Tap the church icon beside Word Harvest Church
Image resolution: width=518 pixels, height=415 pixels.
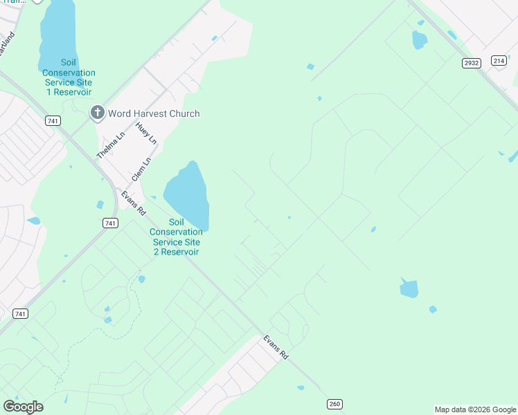(98, 113)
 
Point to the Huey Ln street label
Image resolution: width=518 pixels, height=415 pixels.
(147, 133)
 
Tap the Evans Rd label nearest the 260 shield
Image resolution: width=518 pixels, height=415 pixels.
(275, 347)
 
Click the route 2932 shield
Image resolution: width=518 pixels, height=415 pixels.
(472, 63)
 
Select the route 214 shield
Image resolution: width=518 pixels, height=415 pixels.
(499, 61)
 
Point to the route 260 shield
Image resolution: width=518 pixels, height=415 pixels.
(334, 404)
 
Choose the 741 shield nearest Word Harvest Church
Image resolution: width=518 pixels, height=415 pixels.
(53, 121)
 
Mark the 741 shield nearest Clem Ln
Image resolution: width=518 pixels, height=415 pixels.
(109, 223)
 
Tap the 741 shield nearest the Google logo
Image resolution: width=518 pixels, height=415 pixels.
(21, 313)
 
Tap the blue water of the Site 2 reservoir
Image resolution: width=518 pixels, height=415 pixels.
(188, 193)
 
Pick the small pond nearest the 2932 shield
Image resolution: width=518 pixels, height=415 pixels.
(419, 40)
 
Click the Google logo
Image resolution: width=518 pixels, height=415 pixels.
(23, 407)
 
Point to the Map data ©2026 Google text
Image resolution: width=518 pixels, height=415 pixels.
(475, 409)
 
